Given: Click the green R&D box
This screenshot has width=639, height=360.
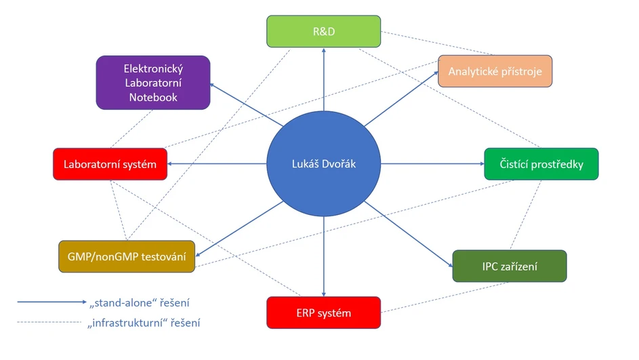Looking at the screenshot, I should (x=324, y=32).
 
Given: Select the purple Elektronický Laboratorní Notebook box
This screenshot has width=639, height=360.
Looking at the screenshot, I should (x=153, y=83).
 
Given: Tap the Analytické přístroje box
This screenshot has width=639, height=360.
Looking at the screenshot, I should (x=495, y=71).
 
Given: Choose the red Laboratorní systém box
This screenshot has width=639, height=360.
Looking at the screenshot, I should (x=110, y=164).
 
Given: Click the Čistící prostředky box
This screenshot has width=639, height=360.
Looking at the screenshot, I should (x=541, y=164).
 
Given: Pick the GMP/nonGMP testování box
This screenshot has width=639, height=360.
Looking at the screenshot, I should (x=127, y=257).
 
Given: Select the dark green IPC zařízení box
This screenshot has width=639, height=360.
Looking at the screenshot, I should (x=509, y=266).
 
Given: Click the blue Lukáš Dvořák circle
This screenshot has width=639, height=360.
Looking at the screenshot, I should (x=324, y=164).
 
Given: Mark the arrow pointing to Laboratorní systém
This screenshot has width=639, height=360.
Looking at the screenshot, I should (x=217, y=164).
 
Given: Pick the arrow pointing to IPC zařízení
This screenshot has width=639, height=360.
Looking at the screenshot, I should (x=409, y=234).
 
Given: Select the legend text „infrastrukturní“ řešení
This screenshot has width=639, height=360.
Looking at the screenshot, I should (x=144, y=323).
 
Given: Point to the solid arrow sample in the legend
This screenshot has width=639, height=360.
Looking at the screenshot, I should (x=51, y=302).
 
